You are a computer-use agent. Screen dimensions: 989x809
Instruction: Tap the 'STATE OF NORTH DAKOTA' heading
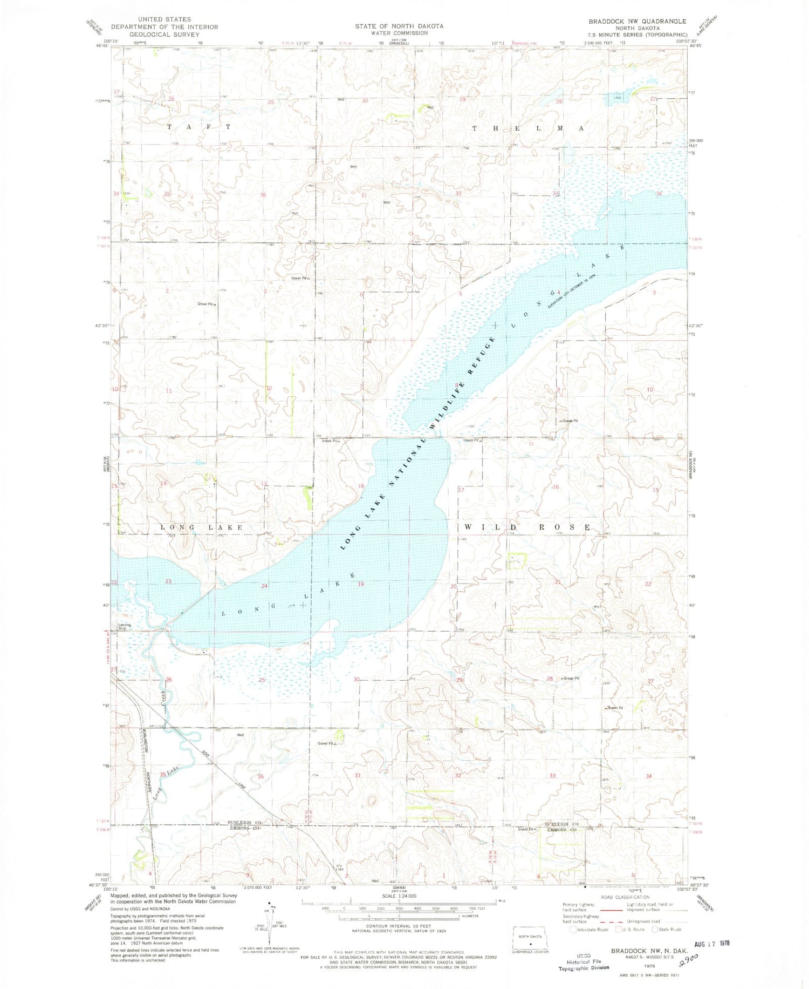[399, 26]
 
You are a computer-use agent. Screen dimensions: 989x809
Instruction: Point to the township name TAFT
[199, 127]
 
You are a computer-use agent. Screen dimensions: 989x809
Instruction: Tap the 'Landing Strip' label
[125, 627]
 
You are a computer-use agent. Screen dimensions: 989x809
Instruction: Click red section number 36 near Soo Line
[261, 776]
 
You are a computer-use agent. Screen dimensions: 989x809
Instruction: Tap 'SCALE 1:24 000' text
[399, 896]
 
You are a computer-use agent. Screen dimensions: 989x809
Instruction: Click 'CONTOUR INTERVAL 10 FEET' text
[399, 926]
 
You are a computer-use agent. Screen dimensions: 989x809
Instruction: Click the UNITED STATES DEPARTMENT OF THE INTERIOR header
[164, 26]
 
